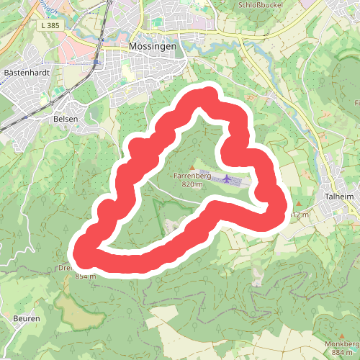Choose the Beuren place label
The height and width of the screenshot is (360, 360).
click(27, 318)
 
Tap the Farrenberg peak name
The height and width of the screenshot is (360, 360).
click(192, 176)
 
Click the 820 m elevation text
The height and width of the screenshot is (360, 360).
click(193, 184)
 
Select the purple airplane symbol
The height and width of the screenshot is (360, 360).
click(228, 178)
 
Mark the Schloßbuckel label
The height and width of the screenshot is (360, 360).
click(259, 4)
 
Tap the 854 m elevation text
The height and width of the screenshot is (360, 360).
click(85, 276)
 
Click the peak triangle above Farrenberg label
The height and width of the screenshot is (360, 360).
click(192, 167)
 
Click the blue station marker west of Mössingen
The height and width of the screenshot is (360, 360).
click(94, 62)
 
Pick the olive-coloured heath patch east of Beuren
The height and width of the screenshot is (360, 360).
click(76, 306)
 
